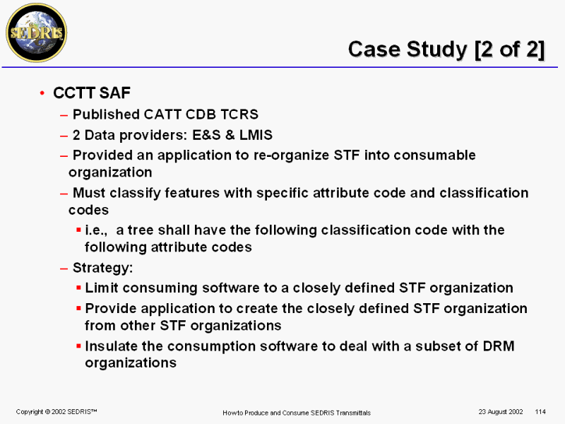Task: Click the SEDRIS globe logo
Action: click(37, 33)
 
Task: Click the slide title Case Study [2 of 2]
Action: click(446, 49)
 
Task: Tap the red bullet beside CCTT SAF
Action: click(42, 93)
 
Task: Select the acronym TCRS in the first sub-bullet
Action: click(239, 114)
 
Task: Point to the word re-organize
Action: click(291, 155)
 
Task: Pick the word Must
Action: click(89, 193)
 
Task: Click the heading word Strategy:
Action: click(102, 268)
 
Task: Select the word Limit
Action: click(102, 288)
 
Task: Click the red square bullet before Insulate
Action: click(78, 346)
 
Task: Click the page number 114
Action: click(540, 412)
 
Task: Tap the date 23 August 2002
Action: click(501, 412)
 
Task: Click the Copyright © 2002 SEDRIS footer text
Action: click(56, 412)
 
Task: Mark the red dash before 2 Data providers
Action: click(64, 136)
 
